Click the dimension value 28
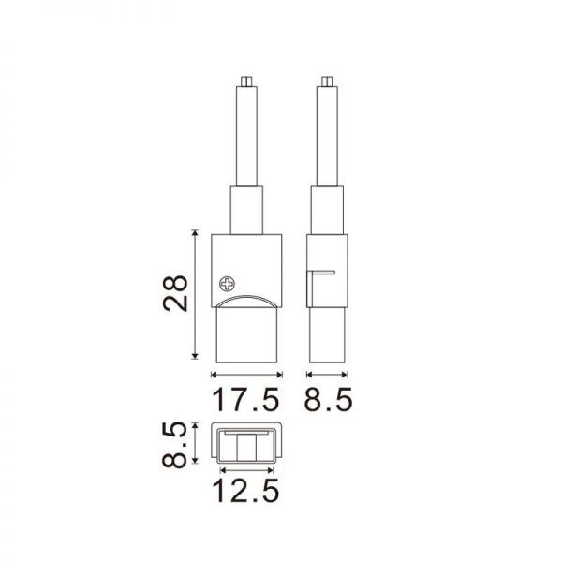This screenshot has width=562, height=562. coord(175,293)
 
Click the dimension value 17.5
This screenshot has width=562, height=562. coord(245,399)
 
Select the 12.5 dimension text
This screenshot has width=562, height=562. coord(245,491)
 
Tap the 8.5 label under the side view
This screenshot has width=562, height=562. coord(329,399)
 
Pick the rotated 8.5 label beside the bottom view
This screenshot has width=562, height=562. coord(174,444)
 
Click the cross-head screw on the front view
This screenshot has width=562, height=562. coord(228,285)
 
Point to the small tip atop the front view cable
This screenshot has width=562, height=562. coord(246,81)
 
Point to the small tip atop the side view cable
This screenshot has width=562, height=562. coord(327,81)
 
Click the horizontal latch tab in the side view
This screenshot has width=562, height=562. coord(323,273)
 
